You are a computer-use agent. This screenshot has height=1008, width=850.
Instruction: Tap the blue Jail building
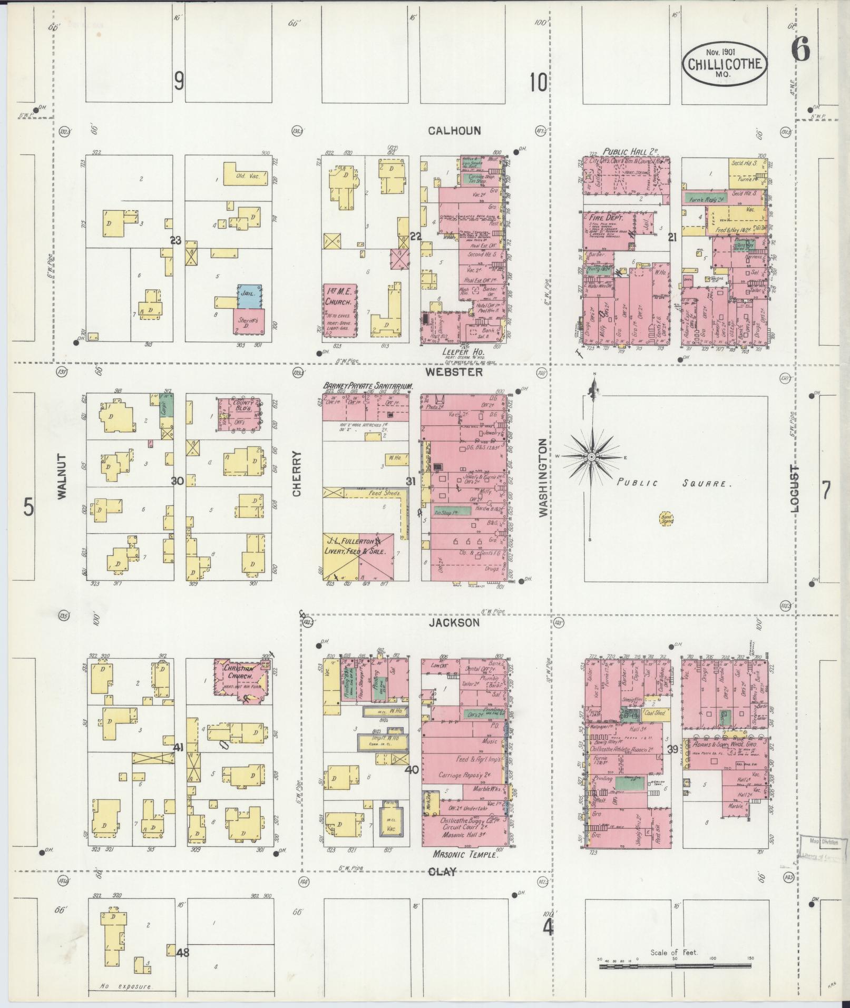[250, 296]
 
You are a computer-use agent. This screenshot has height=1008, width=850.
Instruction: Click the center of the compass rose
[591, 456]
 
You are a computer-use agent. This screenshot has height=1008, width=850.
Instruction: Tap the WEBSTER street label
[455, 372]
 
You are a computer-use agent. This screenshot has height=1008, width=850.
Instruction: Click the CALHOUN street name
[454, 131]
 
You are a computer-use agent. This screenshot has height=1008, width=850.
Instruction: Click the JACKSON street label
[454, 623]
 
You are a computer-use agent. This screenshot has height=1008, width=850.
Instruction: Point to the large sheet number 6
[799, 51]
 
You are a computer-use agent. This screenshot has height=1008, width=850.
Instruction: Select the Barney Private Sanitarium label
[367, 386]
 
